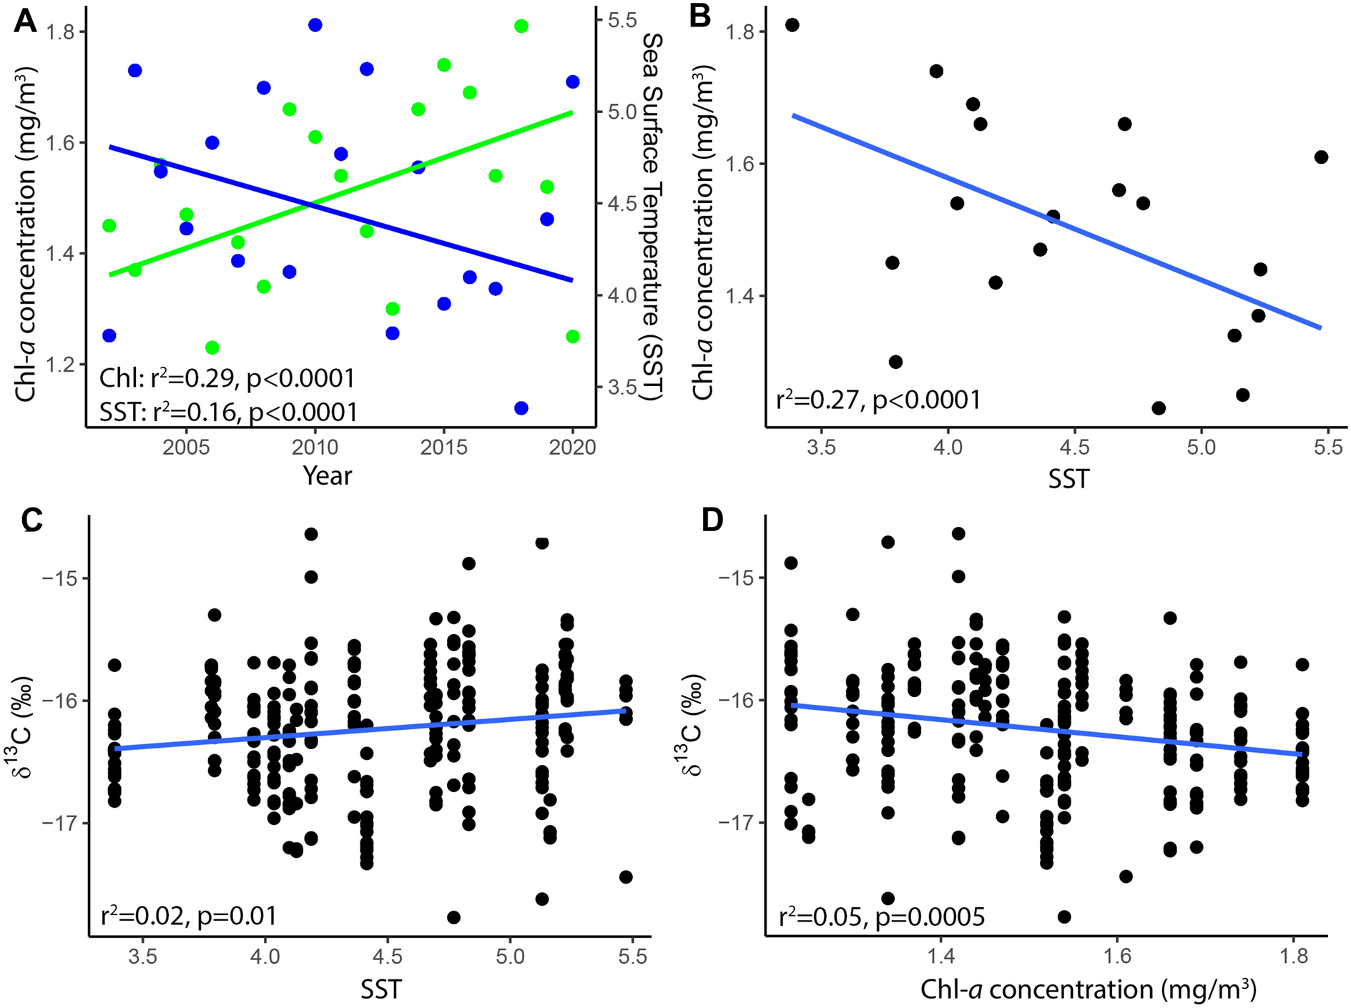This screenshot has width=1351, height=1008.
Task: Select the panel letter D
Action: point(712,520)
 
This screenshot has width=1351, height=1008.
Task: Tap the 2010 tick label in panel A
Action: point(315,448)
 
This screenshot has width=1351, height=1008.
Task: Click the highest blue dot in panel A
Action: point(315,25)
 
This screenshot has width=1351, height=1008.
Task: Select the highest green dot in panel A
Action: point(521,26)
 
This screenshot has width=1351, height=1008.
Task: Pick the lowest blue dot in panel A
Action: point(521,408)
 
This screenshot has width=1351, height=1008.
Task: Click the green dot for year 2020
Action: point(572,337)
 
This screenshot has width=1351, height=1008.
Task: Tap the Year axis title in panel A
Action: point(327,475)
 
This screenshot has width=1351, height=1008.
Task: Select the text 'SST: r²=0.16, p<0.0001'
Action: point(228,412)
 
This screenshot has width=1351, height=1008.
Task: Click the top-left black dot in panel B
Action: point(792,25)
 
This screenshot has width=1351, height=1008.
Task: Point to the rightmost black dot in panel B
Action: point(1321,157)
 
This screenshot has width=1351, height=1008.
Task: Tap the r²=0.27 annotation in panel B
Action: point(878,400)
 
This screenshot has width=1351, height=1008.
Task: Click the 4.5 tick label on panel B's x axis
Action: point(1074,448)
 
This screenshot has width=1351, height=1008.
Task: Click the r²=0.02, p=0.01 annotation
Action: point(188,916)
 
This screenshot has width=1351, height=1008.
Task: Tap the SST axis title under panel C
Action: point(380,989)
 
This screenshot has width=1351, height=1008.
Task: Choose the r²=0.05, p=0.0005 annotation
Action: point(881,916)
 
